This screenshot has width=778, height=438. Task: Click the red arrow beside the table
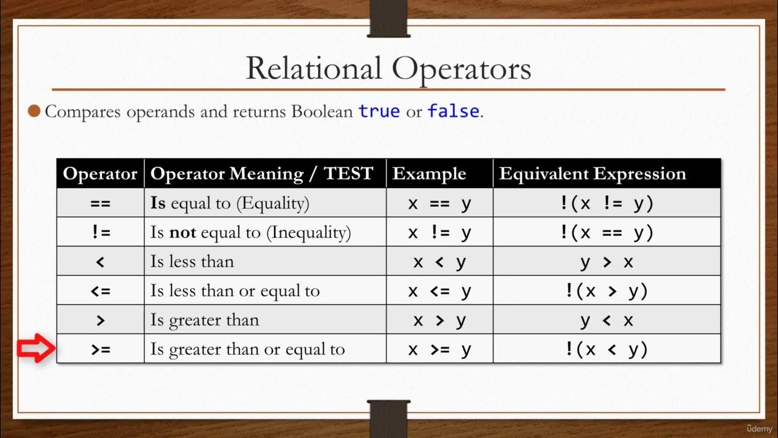tap(36, 349)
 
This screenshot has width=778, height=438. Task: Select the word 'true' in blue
tap(379, 112)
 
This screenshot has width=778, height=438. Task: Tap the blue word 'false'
tap(453, 112)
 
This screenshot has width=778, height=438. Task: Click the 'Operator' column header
tap(100, 174)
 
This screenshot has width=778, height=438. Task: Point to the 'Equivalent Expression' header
tap(593, 174)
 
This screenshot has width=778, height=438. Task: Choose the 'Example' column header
tap(429, 174)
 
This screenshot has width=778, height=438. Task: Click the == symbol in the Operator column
tap(100, 203)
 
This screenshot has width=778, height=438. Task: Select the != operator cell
tap(100, 232)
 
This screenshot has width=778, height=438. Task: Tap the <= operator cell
tap(100, 291)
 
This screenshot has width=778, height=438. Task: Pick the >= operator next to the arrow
tap(100, 349)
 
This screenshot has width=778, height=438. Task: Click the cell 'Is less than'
tap(192, 262)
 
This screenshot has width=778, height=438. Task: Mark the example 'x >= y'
tap(439, 349)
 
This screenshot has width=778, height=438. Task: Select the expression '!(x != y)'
tap(607, 203)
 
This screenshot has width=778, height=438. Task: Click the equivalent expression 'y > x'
tap(607, 262)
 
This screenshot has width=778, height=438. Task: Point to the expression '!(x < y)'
tap(607, 349)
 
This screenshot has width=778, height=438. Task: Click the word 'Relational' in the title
tap(314, 68)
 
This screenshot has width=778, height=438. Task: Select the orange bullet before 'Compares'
tap(35, 111)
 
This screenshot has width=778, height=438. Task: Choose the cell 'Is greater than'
tap(205, 320)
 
